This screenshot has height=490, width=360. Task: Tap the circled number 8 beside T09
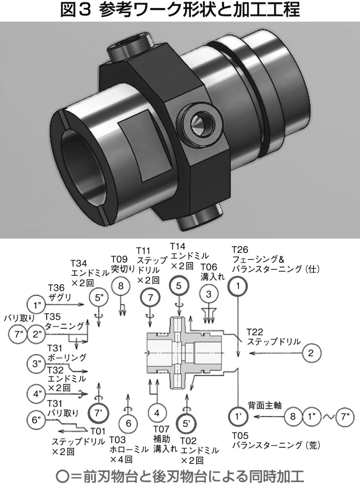(x=121, y=286)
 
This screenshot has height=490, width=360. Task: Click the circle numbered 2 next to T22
(x=310, y=353)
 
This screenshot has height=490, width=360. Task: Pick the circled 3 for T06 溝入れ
(x=209, y=294)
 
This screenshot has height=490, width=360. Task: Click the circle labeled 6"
(x=37, y=420)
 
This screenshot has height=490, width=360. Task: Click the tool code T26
(x=240, y=250)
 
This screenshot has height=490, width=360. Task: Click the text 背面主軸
(x=265, y=405)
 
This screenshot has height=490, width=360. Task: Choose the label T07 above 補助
(x=162, y=429)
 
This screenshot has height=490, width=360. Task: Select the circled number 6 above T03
(x=129, y=423)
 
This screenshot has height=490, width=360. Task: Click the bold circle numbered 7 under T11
(x=150, y=298)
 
